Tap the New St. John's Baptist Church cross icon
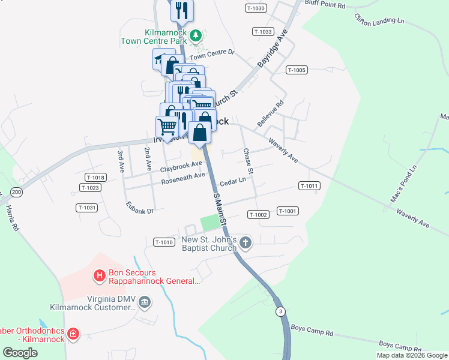click(x=245, y=243)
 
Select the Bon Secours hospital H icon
click(x=100, y=276)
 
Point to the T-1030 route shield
click(x=256, y=8)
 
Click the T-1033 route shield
click(x=263, y=31)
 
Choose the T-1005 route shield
click(x=297, y=70)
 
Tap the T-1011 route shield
click(x=308, y=186)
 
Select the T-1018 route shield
click(x=95, y=177)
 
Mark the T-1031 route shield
click(x=86, y=208)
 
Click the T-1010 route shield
click(x=164, y=242)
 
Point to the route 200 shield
click(x=16, y=192)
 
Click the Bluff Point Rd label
click(x=325, y=5)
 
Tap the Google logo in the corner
click(x=20, y=353)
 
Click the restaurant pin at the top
click(x=182, y=11)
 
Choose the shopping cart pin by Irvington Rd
click(x=167, y=127)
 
